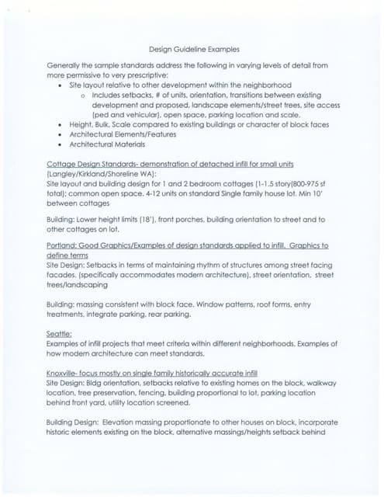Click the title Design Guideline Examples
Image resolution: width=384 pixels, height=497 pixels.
[193, 49]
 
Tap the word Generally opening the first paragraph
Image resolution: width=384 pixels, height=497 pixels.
[67, 66]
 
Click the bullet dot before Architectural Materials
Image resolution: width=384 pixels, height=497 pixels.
[61, 144]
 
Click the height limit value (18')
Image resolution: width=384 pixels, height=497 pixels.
[174, 220]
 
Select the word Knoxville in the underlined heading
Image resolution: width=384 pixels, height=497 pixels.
[65, 373]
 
